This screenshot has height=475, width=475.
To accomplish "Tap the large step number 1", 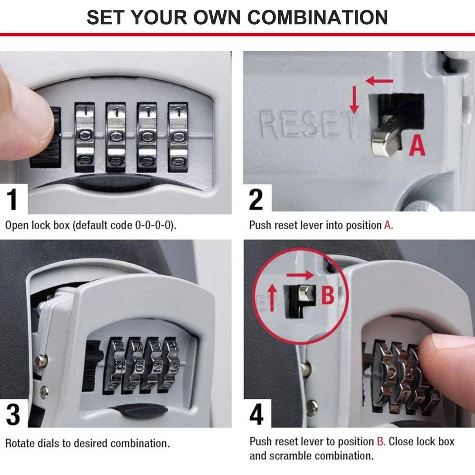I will point(13,199).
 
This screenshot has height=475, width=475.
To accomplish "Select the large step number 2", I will point(256,199).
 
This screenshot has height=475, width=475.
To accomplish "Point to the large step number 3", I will point(13,414).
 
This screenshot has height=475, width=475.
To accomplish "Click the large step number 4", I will point(256,414).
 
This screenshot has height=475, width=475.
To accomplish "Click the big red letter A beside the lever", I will point(418,146).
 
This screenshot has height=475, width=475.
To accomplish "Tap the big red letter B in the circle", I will point(328,295).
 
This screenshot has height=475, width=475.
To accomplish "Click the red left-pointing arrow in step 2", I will point(380,81).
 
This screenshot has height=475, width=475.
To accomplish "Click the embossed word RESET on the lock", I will point(308,124).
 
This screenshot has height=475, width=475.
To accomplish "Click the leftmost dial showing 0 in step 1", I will point(85,136).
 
